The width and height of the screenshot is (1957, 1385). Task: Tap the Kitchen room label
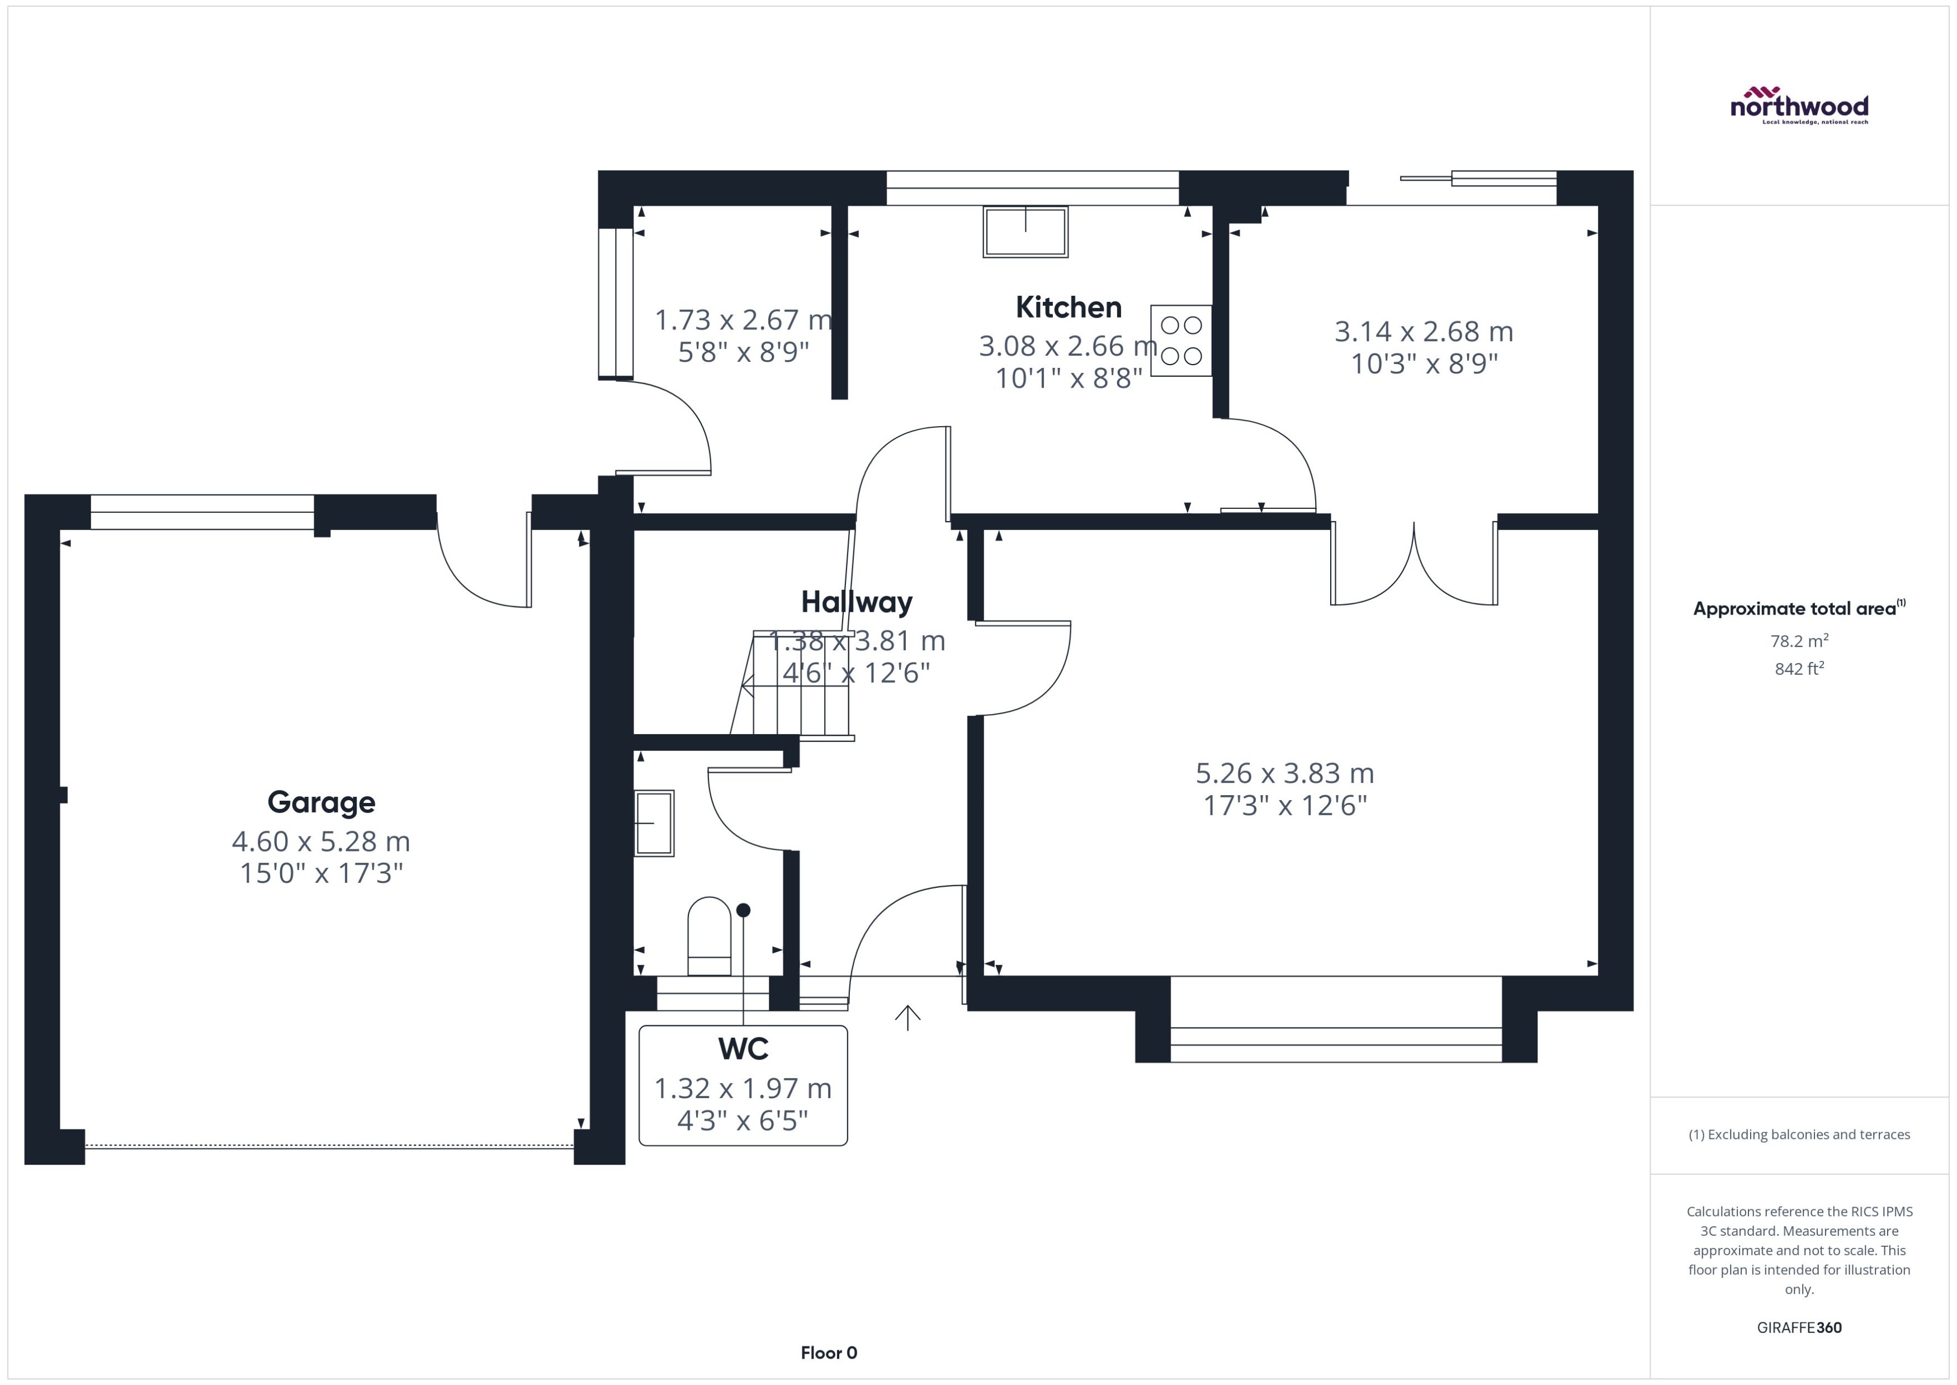click(x=1069, y=307)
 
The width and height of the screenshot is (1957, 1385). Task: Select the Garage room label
click(x=322, y=802)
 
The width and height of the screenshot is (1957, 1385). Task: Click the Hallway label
click(x=857, y=602)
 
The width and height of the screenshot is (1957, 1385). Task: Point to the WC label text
click(x=743, y=1049)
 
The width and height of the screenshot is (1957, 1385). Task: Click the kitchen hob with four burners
click(x=1181, y=341)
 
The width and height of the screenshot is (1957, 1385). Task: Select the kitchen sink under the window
click(x=1025, y=231)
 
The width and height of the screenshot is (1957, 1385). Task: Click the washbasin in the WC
click(x=654, y=823)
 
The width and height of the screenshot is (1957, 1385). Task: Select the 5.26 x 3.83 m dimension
click(x=1284, y=773)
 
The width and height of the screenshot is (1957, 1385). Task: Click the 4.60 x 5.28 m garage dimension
click(x=322, y=842)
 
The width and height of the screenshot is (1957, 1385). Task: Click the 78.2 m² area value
click(x=1799, y=640)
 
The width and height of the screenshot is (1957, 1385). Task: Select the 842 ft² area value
click(x=1799, y=669)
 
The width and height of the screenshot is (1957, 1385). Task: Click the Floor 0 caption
click(x=829, y=1353)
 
